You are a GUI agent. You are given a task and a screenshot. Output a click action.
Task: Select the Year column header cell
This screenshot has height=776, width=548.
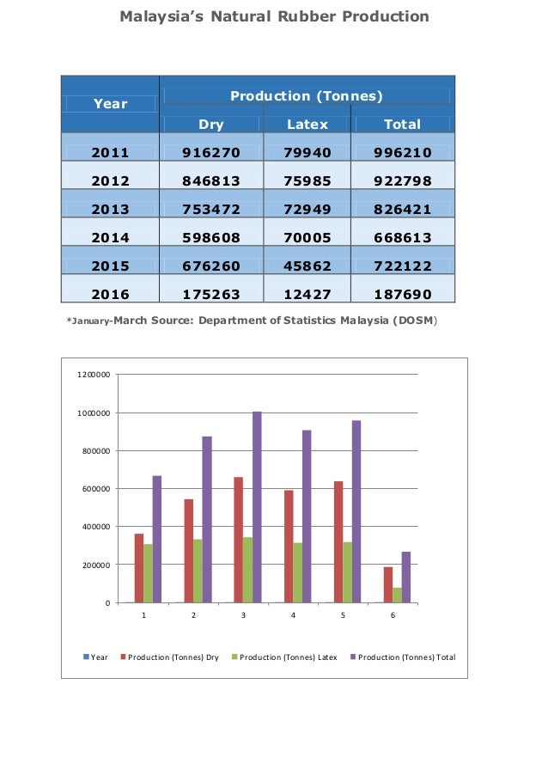pos(110,104)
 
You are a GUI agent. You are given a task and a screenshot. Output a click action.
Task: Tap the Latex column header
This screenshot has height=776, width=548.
pos(307,125)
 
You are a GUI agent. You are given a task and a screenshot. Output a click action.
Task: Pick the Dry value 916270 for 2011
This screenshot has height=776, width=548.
pos(211,153)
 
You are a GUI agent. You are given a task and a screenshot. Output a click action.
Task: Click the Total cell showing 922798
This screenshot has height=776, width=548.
pos(402,181)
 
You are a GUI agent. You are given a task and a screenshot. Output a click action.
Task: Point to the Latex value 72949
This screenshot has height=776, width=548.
pos(307,209)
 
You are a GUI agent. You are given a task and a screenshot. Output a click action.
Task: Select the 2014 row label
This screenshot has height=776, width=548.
pos(110,237)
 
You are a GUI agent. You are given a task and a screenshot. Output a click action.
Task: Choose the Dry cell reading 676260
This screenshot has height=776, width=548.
pos(211,266)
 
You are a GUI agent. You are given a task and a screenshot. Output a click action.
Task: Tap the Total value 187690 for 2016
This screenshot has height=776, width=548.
pos(402,294)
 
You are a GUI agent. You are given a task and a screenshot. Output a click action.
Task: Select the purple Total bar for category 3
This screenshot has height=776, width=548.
pos(257,507)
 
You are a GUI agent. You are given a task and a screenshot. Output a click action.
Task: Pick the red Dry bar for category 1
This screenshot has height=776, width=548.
pos(139,567)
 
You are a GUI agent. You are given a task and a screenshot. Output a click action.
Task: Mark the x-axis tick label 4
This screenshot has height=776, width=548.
pos(293,616)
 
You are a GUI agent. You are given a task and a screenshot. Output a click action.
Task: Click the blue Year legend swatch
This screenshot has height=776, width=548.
pos(86,657)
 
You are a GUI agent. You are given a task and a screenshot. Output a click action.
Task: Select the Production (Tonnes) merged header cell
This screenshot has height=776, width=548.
pos(307,96)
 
